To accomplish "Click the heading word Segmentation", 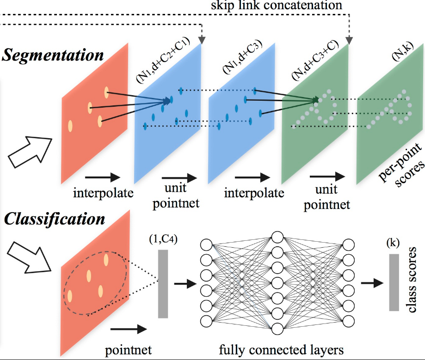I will pyautogui.click(x=53, y=55).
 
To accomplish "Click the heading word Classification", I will pyautogui.click(x=54, y=219).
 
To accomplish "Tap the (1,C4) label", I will pyautogui.click(x=162, y=241).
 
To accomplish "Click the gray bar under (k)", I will pyautogui.click(x=394, y=282).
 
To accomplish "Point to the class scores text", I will pyautogui.click(x=413, y=280).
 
